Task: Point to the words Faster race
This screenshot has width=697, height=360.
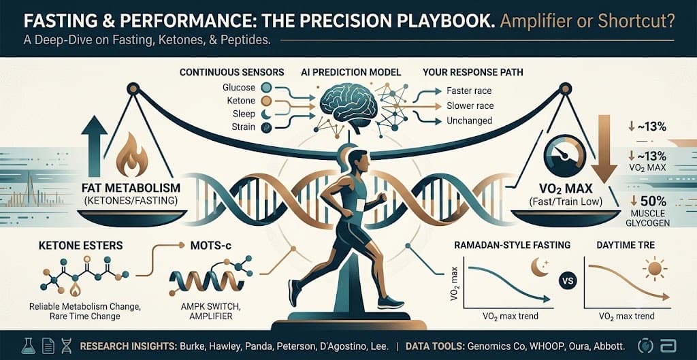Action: tap(469, 91)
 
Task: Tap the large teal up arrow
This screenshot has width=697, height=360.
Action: tap(94, 147)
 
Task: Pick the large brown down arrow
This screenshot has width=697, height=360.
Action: tap(603, 149)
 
